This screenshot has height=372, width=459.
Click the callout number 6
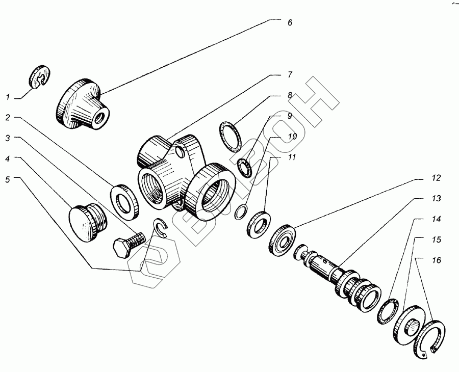290,22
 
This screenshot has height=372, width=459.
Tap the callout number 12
436,178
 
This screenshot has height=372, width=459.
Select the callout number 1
8,97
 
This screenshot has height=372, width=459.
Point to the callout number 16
436,260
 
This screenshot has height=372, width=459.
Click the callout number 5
8,179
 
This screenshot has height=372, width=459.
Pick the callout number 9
290,116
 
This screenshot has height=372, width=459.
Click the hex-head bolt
128,244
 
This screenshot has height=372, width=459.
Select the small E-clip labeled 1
40,76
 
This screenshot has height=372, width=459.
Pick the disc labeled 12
282,241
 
